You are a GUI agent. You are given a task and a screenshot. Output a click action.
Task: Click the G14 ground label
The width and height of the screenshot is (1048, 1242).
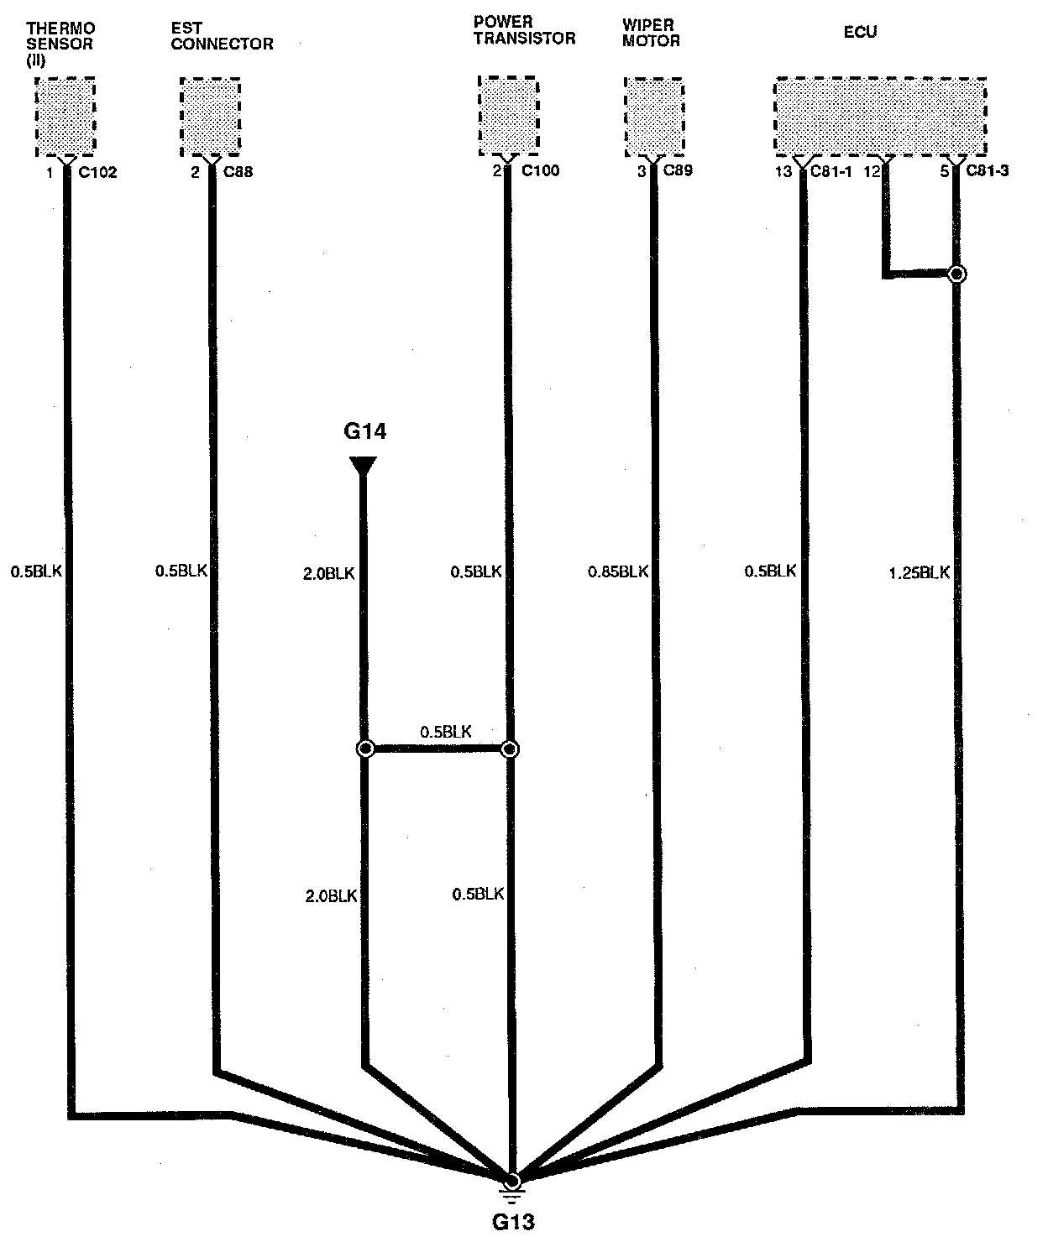364,431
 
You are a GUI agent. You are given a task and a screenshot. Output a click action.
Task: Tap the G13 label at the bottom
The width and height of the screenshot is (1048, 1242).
512,1221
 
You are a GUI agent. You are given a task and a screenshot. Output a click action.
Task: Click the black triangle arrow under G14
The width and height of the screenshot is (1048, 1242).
364,466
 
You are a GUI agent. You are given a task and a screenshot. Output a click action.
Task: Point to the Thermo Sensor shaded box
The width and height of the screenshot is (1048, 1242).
65,117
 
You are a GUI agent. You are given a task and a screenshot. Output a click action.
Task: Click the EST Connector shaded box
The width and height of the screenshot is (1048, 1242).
210,117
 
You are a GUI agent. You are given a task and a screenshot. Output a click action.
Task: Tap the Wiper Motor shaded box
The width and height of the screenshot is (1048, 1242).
653,117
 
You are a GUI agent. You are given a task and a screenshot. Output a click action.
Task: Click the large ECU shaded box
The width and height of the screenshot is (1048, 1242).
879,117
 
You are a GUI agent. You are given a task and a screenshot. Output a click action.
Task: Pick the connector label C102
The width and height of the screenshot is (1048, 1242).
97,174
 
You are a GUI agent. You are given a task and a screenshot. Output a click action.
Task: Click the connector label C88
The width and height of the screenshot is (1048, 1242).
238,173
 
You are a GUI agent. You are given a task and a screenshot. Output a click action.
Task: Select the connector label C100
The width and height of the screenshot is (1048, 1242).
540,171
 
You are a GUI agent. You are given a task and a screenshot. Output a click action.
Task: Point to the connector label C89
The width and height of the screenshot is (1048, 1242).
679,171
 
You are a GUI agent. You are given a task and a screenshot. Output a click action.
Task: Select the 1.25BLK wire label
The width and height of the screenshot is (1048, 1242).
919,573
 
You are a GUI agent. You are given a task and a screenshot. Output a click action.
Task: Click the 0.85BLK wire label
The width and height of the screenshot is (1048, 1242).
618,571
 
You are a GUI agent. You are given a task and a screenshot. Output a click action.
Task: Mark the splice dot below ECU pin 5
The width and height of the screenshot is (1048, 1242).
956,274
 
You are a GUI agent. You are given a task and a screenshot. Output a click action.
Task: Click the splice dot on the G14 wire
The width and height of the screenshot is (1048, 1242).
365,749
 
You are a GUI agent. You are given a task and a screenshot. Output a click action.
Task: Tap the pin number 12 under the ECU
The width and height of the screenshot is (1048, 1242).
872,172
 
